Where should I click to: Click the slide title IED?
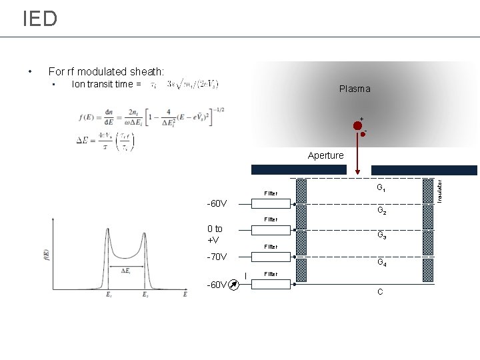tap(40, 19)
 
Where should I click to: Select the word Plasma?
tap(354, 89)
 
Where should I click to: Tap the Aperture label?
tap(326, 155)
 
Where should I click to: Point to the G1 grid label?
tap(381, 188)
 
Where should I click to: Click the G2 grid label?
tap(381, 211)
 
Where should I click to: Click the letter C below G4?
tap(379, 292)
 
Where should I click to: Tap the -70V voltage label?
tap(217, 257)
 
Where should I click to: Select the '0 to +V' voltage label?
tap(215, 234)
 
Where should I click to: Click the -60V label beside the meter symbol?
tap(216, 285)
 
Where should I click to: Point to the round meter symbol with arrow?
tap(233, 285)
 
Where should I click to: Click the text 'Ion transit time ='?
tap(106, 84)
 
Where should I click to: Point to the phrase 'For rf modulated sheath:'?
tap(107, 71)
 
